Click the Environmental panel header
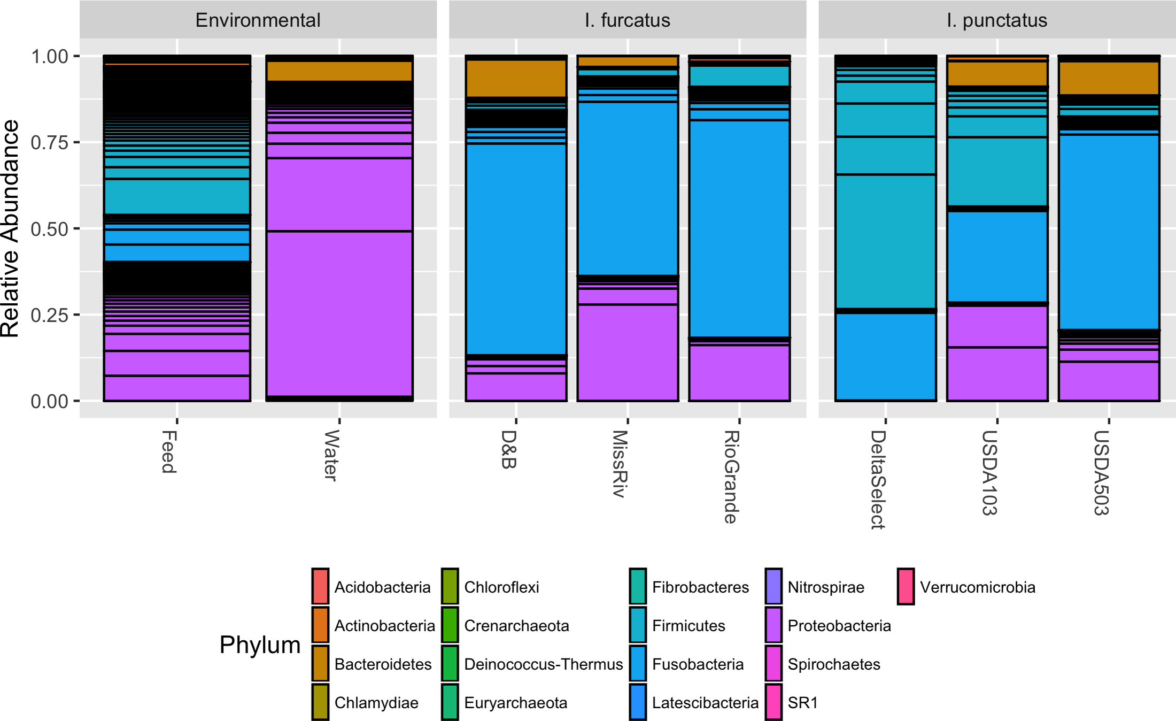(258, 20)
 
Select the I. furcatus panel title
(627, 20)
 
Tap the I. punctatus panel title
(996, 20)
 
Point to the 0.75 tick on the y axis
(49, 143)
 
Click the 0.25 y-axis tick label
(49, 315)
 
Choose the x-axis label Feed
(169, 452)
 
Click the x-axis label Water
(331, 455)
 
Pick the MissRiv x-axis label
(620, 464)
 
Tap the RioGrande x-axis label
(731, 477)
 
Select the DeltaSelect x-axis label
(878, 480)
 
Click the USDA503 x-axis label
(1101, 473)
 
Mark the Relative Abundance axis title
(11, 228)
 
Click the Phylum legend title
(260, 645)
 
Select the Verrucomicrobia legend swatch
(906, 587)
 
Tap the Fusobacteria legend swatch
(638, 664)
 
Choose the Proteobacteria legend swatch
(773, 625)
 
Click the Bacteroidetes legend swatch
(320, 664)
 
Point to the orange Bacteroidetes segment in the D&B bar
(516, 78)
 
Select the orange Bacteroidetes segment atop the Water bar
(339, 71)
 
